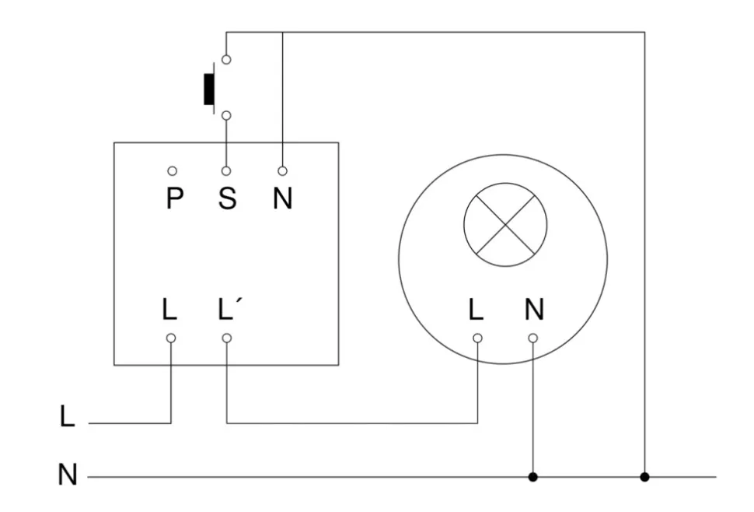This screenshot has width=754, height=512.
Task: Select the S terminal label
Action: click(x=226, y=199)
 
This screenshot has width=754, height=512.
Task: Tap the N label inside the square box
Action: click(x=282, y=199)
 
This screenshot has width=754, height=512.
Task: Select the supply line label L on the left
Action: click(x=68, y=417)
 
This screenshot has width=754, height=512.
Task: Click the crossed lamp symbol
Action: click(x=505, y=224)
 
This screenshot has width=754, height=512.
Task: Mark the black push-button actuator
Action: click(x=208, y=89)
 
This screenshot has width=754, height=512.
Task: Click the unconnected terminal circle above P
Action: click(x=172, y=170)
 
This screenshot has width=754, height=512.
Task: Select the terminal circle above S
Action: click(x=226, y=170)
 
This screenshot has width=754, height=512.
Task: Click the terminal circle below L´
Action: click(x=226, y=338)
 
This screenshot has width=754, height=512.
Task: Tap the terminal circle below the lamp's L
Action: click(x=477, y=338)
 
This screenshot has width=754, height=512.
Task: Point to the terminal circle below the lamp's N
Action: click(x=532, y=338)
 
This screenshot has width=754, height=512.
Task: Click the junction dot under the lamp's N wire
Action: click(x=532, y=476)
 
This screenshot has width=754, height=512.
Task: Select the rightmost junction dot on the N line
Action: click(x=644, y=476)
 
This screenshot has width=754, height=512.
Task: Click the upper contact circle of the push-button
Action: click(x=226, y=59)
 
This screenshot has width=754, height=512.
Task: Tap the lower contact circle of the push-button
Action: click(x=226, y=116)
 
